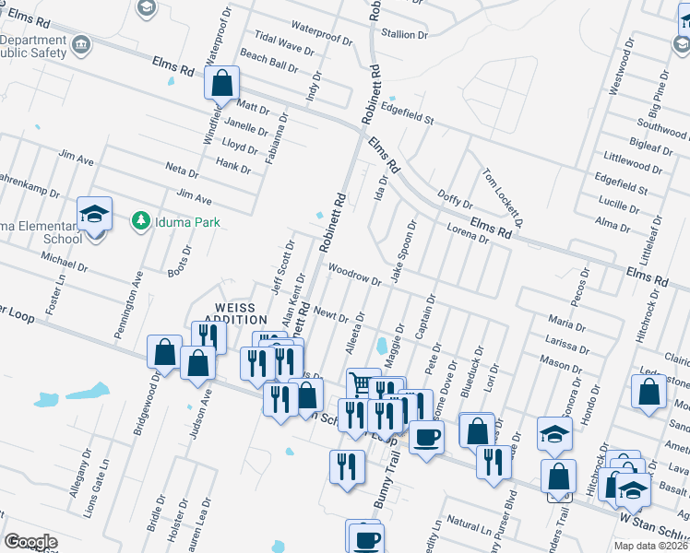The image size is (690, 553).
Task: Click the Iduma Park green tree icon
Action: pyautogui.click(x=140, y=220)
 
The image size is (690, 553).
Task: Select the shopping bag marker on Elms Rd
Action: pyautogui.click(x=222, y=85)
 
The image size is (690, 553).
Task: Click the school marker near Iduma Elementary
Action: pyautogui.click(x=94, y=215)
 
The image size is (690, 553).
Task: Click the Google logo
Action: pyautogui.click(x=30, y=542)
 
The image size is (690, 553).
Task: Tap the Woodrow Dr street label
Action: pyautogui.click(x=354, y=274)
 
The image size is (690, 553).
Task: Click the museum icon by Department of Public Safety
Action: pyautogui.click(x=81, y=45)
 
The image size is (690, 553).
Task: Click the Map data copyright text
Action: pyautogui.click(x=651, y=545)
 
